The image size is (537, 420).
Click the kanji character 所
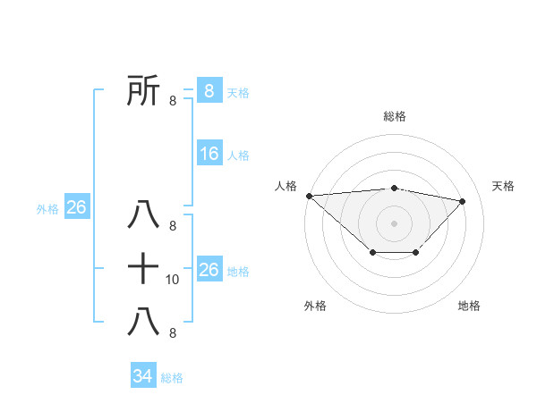tap(144, 90)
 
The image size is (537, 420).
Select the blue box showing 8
tap(209, 90)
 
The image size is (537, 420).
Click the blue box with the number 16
tap(209, 154)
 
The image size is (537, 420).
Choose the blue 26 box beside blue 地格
tap(209, 270)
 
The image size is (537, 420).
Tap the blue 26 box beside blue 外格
tap(76, 207)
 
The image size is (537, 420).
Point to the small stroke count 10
tap(173, 280)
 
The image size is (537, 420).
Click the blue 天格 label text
tap(238, 92)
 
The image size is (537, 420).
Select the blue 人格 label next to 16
tap(238, 155)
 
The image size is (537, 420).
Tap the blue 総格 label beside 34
tap(172, 378)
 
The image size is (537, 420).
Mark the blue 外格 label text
tap(47, 209)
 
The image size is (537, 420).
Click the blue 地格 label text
tap(238, 272)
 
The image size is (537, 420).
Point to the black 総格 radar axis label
tap(395, 116)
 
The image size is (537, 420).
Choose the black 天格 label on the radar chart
tap(504, 186)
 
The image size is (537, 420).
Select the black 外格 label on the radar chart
tap(315, 306)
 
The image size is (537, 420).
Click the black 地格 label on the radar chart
tap(469, 306)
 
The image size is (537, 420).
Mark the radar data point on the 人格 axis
tap(309, 195)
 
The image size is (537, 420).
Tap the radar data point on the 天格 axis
tap(463, 201)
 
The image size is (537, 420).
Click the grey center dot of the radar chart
tap(395, 223)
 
